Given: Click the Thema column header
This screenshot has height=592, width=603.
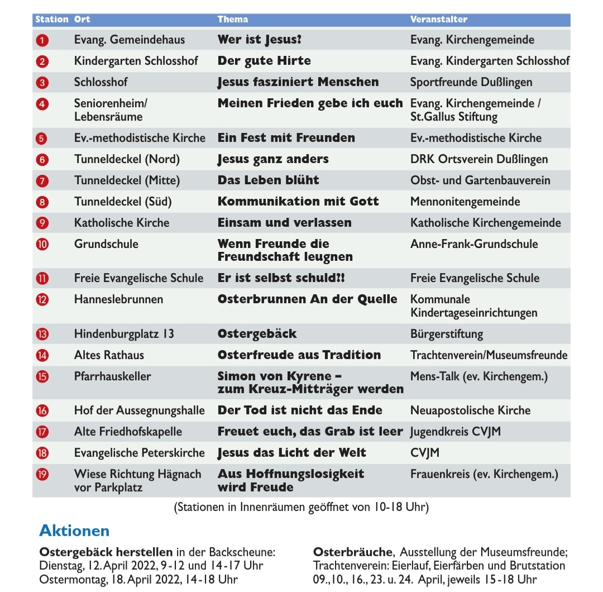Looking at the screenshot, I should click(233, 20).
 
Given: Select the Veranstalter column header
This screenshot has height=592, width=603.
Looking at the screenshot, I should click(438, 20).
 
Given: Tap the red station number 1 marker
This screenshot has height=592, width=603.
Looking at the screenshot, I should click(42, 40).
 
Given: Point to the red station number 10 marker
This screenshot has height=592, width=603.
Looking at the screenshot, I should click(42, 244).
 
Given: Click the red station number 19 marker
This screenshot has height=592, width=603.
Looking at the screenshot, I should click(42, 475).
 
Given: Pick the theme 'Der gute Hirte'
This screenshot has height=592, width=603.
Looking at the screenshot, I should click(264, 61).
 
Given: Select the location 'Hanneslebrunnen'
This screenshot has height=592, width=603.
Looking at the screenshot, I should click(118, 299).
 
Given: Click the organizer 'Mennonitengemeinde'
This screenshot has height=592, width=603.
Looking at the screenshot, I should click(465, 202).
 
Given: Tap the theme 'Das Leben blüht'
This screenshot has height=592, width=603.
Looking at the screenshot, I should click(268, 180).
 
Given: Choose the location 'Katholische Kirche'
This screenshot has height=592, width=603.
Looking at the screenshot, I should click(122, 223).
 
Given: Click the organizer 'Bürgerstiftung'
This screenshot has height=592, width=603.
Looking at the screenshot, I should click(447, 334).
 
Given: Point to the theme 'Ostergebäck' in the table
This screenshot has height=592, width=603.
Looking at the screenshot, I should click(257, 334).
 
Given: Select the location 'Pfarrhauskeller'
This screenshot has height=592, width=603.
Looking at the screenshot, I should click(112, 376).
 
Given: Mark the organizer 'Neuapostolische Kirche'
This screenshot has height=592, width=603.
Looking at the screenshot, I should click(470, 410).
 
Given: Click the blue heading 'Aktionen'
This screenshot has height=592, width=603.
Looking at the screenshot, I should click(74, 531).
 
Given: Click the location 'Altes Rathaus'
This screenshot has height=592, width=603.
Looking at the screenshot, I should click(109, 355).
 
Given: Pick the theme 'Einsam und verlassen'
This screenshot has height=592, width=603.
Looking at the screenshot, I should click(284, 223).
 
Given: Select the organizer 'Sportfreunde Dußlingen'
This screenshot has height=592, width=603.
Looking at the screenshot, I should click(471, 82).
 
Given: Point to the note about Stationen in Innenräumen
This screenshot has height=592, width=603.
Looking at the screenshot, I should click(301, 508).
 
